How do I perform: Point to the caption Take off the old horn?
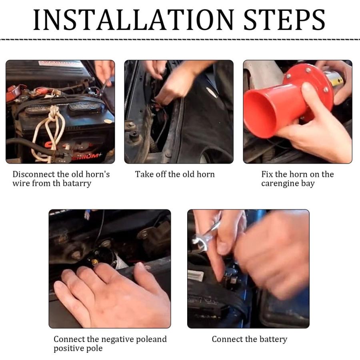point(175,174)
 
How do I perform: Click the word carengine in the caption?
point(280,184)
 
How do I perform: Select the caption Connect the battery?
point(249,339)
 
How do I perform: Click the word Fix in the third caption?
point(267,174)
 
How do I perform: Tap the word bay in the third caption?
point(308,184)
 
